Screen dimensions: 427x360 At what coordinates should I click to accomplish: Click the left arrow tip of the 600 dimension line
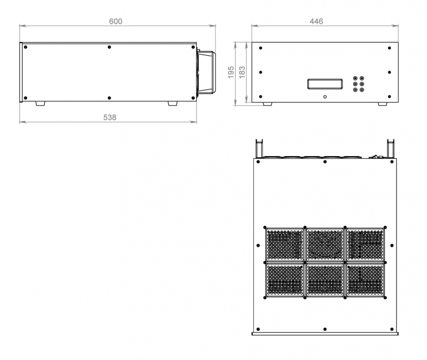pyautogui.click(x=20, y=26)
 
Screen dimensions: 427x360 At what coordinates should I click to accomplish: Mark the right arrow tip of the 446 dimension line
pyautogui.click(x=398, y=26)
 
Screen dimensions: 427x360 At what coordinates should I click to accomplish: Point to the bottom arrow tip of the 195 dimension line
pyautogui.click(x=236, y=105)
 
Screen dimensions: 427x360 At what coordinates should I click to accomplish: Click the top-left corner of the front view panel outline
pyautogui.click(x=252, y=43)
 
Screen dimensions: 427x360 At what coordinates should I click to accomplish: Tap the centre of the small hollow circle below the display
pyautogui.click(x=325, y=97)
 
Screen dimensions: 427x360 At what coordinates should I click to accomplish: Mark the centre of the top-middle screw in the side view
pyautogui.click(x=109, y=47)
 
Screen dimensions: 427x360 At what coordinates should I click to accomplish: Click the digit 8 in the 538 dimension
pyautogui.click(x=114, y=117)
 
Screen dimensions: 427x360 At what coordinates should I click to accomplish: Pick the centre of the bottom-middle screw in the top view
pyautogui.click(x=325, y=329)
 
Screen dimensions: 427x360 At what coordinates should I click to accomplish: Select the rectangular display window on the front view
pyautogui.click(x=325, y=84)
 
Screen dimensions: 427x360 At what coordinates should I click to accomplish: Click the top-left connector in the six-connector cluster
pyautogui.click(x=355, y=78)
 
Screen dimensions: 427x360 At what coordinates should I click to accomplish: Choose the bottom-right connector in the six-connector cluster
pyautogui.click(x=362, y=90)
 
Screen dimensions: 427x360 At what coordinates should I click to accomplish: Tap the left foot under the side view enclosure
pyautogui.click(x=40, y=103)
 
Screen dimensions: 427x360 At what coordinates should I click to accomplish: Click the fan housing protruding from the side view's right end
pyautogui.click(x=206, y=72)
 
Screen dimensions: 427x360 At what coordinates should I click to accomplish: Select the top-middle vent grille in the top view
pyautogui.click(x=325, y=245)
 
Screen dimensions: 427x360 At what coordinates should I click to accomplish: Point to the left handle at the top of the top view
pyautogui.click(x=259, y=149)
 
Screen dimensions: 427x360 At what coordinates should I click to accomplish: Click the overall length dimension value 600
pyautogui.click(x=116, y=21)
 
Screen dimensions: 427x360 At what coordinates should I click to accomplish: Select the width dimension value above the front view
pyautogui.click(x=316, y=21)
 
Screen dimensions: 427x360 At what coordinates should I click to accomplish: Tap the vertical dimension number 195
pyautogui.click(x=231, y=72)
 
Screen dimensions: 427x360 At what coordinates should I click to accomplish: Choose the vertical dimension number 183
pyautogui.click(x=242, y=72)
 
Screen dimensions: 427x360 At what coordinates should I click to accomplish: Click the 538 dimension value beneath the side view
pyautogui.click(x=110, y=117)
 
